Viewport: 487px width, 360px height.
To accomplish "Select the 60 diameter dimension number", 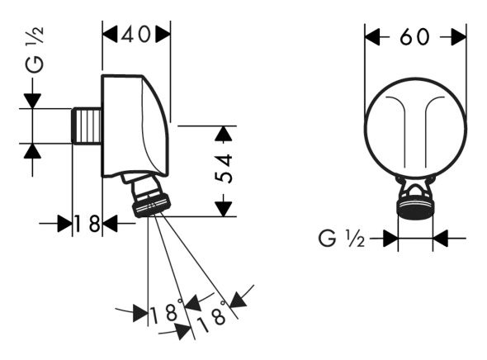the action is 414,37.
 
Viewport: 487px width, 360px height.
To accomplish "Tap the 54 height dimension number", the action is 224,168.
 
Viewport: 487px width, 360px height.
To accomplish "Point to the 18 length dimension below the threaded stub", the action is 87,223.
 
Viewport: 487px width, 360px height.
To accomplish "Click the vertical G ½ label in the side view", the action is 34,50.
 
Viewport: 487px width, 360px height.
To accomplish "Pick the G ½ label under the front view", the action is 342,239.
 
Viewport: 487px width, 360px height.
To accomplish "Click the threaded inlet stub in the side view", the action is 87,126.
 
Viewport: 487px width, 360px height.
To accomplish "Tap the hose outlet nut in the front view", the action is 415,206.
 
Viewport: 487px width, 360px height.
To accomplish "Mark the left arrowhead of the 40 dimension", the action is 110,34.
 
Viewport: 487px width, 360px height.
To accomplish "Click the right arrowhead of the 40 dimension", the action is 163,34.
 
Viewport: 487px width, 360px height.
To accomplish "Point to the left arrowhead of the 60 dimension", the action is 372,37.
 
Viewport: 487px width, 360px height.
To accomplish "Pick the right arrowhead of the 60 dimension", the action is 458,37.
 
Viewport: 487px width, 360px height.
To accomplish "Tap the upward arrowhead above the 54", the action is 224,134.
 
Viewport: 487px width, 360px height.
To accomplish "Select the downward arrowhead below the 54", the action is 224,209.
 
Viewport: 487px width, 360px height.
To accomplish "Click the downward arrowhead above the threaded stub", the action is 33,101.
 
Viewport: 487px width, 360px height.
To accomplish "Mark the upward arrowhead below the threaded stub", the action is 33,151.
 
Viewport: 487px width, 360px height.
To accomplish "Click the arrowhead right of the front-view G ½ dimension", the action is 441,239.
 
